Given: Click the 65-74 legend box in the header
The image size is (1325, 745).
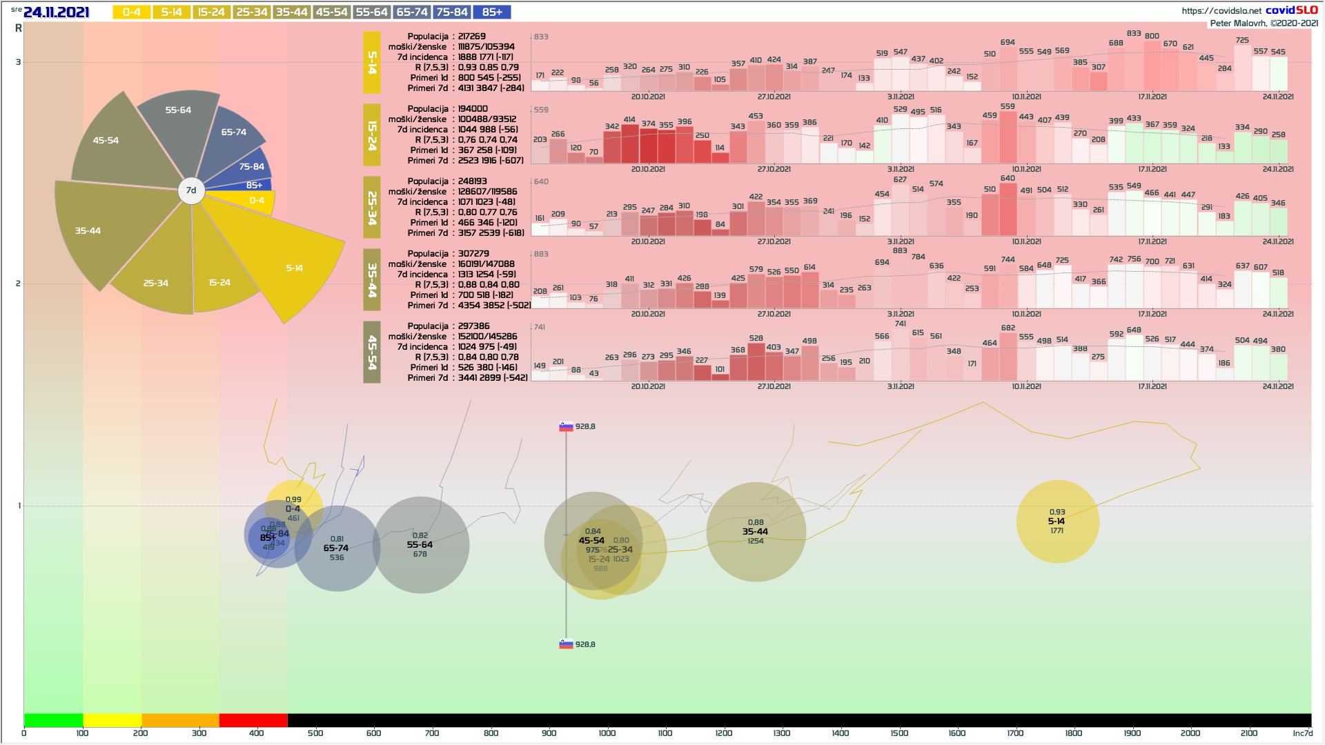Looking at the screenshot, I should (412, 12).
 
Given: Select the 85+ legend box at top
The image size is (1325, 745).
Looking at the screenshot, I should (492, 12).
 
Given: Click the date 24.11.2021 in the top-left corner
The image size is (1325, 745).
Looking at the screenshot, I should (56, 12).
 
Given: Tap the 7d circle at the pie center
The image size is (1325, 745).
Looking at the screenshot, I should (191, 190).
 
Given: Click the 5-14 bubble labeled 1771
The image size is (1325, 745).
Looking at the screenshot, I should (1057, 521).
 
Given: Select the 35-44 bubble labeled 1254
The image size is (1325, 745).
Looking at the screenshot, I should (756, 532).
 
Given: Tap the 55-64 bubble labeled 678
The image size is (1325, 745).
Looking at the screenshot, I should (420, 545).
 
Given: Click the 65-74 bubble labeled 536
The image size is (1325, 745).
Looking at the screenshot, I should (337, 548).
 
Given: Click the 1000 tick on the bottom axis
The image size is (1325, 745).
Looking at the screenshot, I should (607, 733).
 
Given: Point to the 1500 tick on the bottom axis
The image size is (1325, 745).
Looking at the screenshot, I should (899, 733).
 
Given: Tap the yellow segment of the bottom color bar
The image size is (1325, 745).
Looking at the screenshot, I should (112, 720).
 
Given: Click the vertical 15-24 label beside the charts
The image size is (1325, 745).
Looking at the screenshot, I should (372, 135).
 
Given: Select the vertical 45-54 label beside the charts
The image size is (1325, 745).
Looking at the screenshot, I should (372, 352).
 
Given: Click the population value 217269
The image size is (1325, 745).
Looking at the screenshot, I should (472, 37).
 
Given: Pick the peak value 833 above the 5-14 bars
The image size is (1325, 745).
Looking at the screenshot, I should (1133, 33).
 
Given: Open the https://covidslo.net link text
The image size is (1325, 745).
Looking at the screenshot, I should (1221, 10).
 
